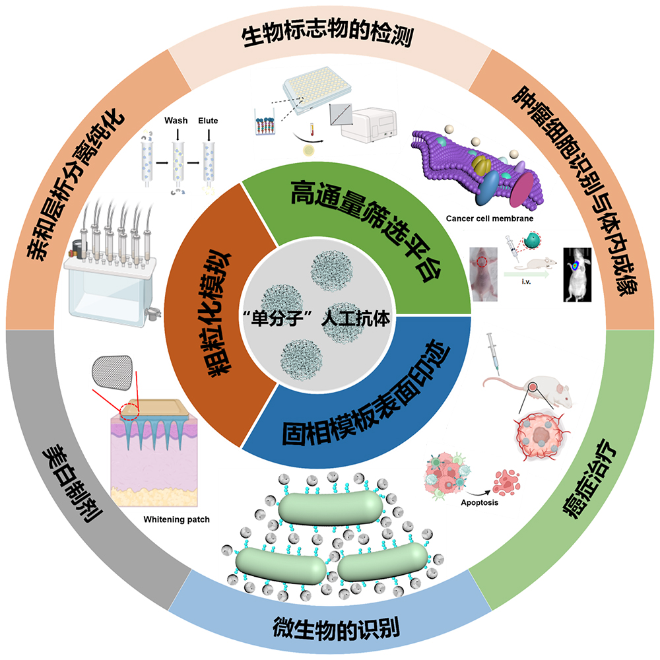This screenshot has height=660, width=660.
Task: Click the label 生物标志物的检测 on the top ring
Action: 327,34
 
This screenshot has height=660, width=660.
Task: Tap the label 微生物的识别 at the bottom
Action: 336,628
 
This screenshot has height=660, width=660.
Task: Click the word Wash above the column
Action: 176,120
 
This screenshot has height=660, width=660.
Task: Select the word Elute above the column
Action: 208,120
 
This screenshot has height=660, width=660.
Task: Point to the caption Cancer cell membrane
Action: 490,218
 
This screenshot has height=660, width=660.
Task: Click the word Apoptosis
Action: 479,502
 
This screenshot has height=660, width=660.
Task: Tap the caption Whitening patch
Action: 176,519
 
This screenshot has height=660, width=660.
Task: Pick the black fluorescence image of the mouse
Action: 577,275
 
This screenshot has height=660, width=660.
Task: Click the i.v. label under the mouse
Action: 526,282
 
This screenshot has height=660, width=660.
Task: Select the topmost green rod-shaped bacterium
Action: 331,508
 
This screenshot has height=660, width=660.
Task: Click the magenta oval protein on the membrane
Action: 521,189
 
